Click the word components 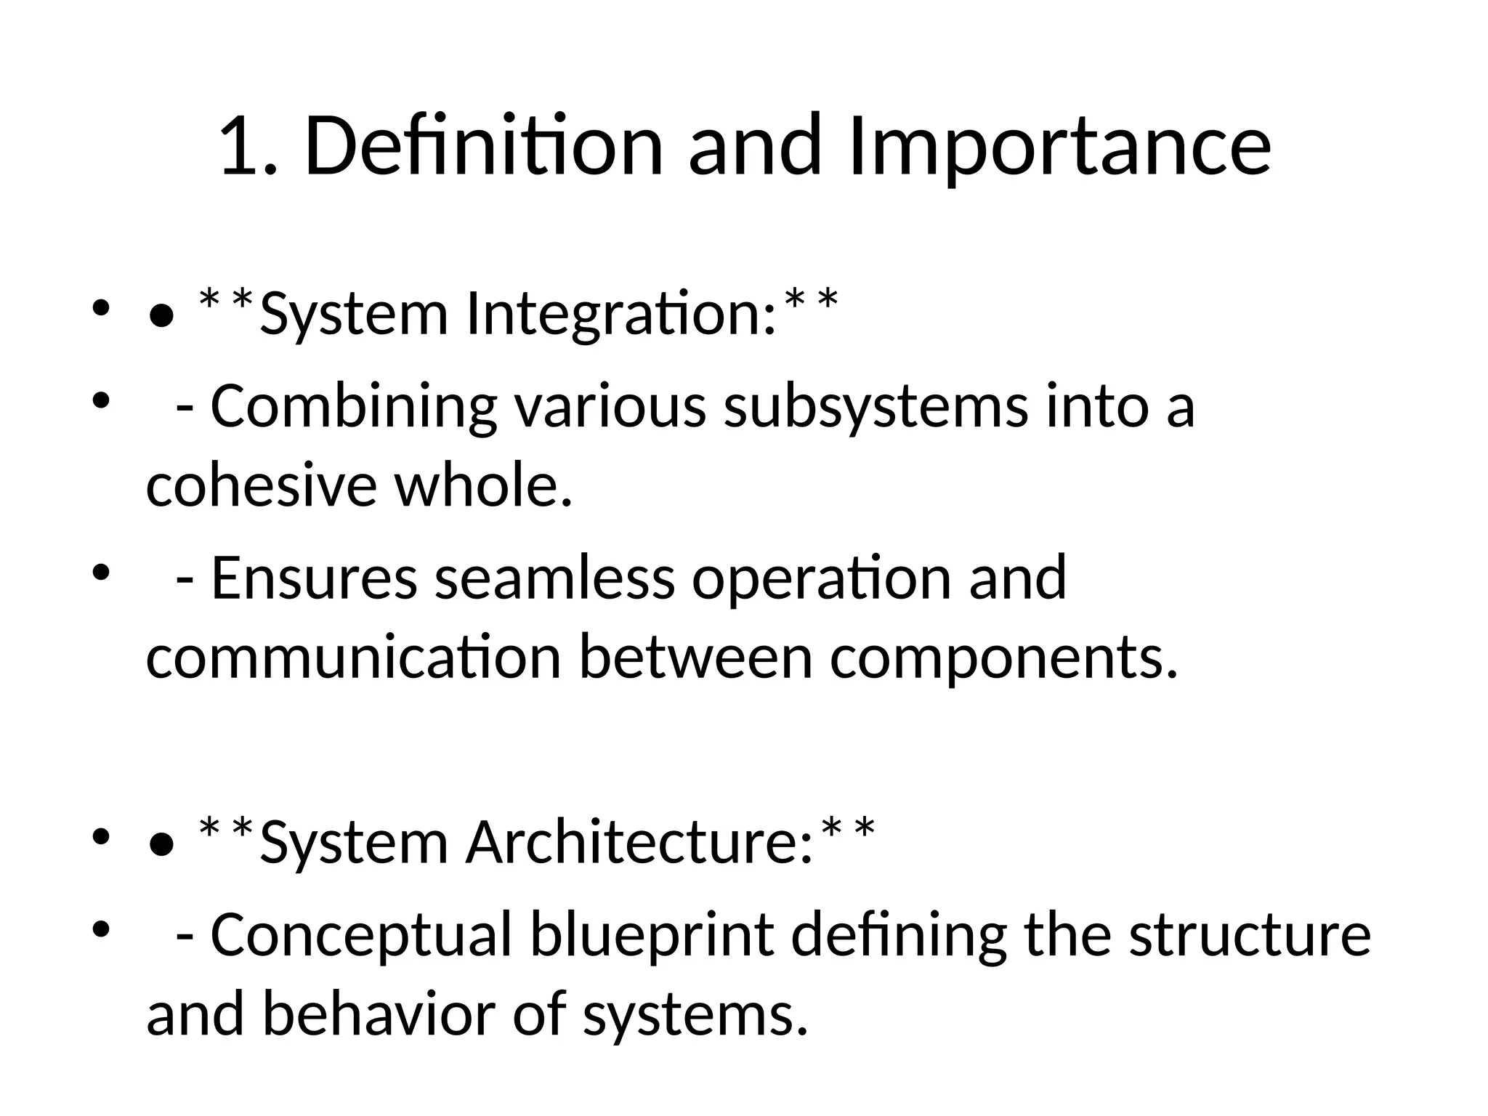(x=1003, y=658)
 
